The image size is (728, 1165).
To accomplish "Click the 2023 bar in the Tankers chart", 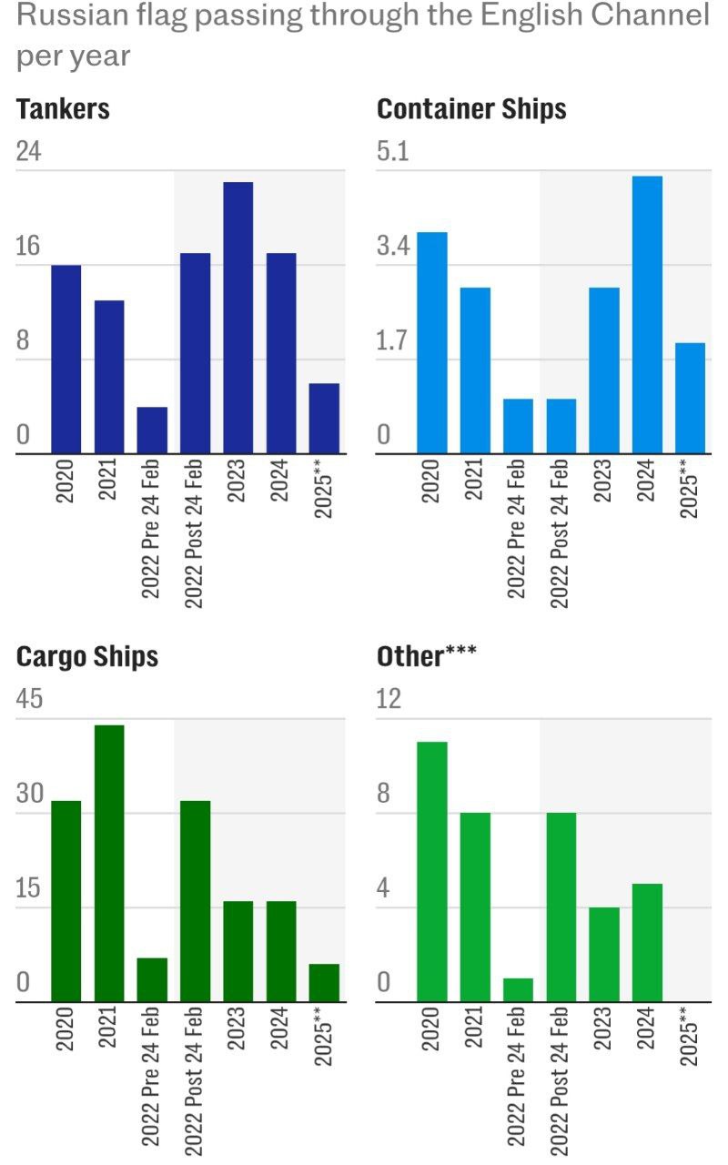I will pyautogui.click(x=238, y=317).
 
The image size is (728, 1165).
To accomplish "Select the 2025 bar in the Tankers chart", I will pyautogui.click(x=324, y=418).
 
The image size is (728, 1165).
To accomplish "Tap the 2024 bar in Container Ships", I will pyautogui.click(x=647, y=314).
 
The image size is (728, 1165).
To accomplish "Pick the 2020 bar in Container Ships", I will pyautogui.click(x=432, y=342).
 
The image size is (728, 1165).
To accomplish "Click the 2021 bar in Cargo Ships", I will pyautogui.click(x=109, y=863).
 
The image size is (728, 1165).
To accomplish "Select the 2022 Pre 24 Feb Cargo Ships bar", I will pyautogui.click(x=152, y=979).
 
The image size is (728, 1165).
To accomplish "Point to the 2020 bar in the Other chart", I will pyautogui.click(x=432, y=871).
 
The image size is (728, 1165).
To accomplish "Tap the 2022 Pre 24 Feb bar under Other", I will pyautogui.click(x=518, y=989).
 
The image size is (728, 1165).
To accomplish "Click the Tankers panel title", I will pyautogui.click(x=63, y=109).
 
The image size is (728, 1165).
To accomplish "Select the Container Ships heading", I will pyautogui.click(x=471, y=109).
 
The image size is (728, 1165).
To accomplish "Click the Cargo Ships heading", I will pyautogui.click(x=87, y=656).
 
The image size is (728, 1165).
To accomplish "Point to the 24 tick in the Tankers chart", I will pyautogui.click(x=29, y=151).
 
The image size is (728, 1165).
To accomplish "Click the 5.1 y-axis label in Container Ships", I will pyautogui.click(x=393, y=151).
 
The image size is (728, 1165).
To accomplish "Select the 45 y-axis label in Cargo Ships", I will pyautogui.click(x=30, y=699).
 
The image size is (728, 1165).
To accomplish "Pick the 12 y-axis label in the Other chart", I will pyautogui.click(x=389, y=699).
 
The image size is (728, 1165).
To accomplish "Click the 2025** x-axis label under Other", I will pyautogui.click(x=690, y=1038).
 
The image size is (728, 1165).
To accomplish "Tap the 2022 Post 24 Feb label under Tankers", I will pyautogui.click(x=195, y=533).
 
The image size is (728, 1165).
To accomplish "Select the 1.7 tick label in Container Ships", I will pyautogui.click(x=393, y=342).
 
